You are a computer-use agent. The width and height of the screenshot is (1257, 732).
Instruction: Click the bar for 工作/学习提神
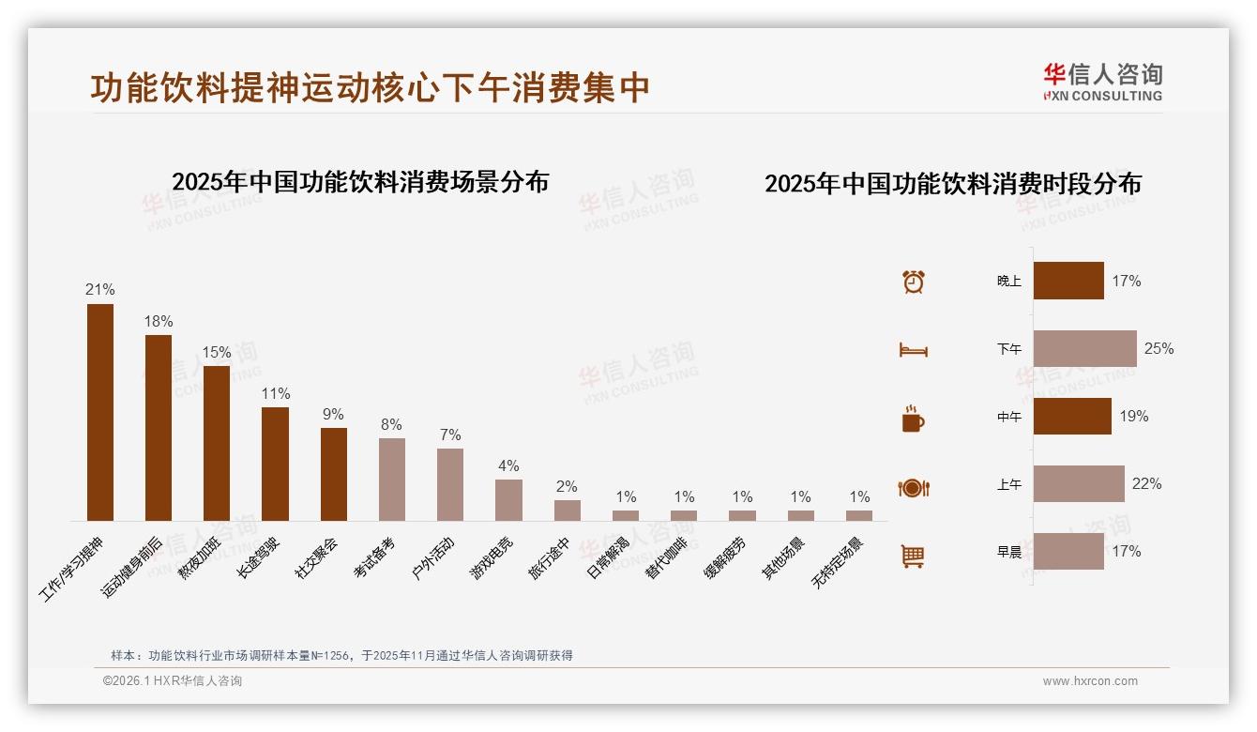pos(100,412)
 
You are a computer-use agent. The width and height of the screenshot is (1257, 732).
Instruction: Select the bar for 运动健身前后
pos(159,428)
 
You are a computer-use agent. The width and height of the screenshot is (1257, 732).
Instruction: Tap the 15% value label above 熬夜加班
pos(217,353)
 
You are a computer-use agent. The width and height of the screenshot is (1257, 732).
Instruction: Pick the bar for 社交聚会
pos(334,474)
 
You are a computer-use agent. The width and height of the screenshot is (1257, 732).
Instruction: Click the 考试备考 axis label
pos(375,557)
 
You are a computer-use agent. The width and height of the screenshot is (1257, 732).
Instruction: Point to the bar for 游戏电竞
pos(508,500)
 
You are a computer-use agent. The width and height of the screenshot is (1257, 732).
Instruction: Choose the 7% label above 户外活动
pos(450,435)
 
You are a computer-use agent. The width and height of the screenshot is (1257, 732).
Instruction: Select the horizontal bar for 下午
pos(1084,348)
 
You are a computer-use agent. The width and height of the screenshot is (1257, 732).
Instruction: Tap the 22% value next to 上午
pos(1146,484)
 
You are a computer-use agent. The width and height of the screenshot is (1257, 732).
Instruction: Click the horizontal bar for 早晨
pos(1068,551)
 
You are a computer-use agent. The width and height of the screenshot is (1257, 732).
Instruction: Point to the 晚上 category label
pos(1009,281)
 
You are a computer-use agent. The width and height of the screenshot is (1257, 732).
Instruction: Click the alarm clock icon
pos(914,282)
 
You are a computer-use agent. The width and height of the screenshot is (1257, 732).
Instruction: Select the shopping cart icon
pos(913,556)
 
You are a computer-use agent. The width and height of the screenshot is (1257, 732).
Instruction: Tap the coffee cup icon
pos(913,419)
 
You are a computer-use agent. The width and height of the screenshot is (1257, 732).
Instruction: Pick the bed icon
pos(913,350)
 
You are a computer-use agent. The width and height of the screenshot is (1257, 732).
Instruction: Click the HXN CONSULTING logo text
pos(1102,96)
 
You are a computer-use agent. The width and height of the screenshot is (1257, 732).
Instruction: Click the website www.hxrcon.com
pos(1090,681)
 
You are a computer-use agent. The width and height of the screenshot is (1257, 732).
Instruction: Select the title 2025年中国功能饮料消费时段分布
pos(953,184)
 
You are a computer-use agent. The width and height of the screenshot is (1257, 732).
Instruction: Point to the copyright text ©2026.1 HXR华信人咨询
pos(173,681)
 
